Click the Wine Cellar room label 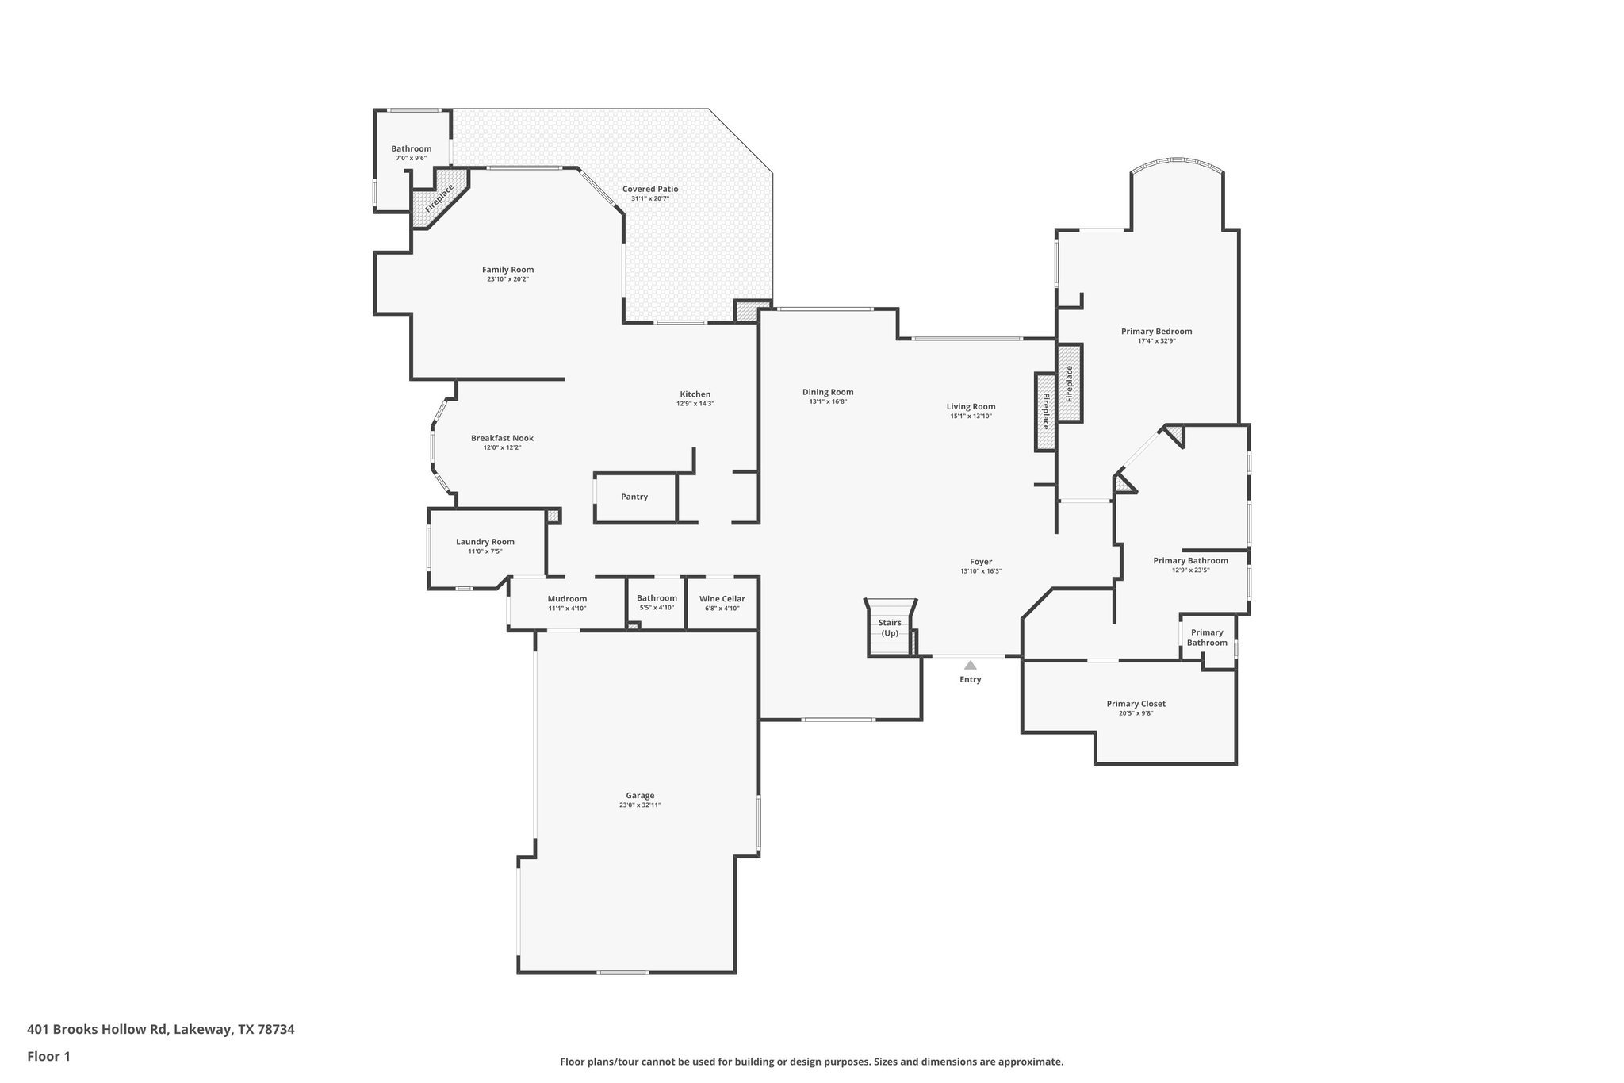tap(722, 599)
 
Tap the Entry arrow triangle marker tap(970, 665)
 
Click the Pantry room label tap(634, 497)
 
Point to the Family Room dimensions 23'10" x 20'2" tap(507, 279)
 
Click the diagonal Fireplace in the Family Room tap(439, 198)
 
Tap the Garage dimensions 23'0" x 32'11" tap(640, 805)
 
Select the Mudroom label tap(567, 599)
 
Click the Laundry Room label tap(485, 542)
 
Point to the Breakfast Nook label tap(502, 438)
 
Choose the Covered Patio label tap(649, 189)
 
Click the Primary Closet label tap(1136, 704)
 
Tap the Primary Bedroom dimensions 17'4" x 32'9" tap(1156, 340)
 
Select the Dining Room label tap(827, 392)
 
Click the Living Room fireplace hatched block tap(1045, 412)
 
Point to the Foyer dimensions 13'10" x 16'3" tap(981, 571)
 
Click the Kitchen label tap(695, 394)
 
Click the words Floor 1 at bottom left tap(48, 1056)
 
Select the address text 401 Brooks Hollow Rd tap(98, 1029)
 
